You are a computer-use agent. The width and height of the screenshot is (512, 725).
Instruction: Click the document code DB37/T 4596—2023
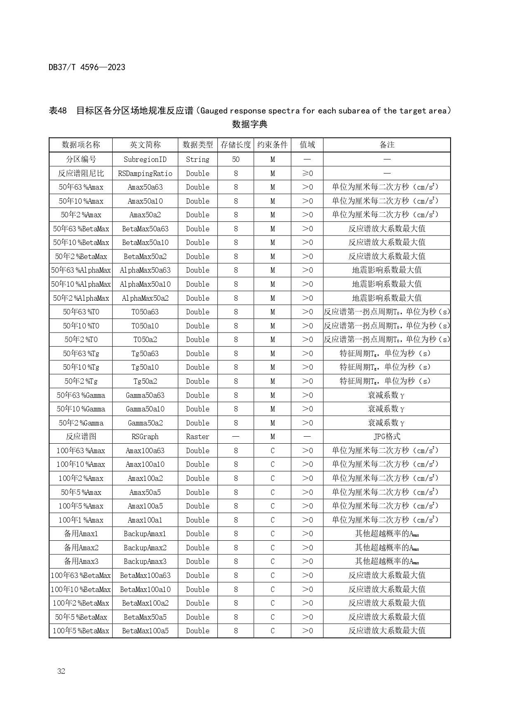point(87,67)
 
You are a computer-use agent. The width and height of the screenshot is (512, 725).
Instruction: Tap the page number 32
point(61,671)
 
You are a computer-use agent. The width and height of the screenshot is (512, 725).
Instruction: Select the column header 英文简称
point(145,145)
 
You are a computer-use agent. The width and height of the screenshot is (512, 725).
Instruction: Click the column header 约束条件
point(272,145)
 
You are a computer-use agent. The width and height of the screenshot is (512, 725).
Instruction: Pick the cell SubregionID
point(145,159)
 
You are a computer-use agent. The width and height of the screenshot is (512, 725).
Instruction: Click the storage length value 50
point(236,159)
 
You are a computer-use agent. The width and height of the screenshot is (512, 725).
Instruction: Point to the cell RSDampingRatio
point(145,174)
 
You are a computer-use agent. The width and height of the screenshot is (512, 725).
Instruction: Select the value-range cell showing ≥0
point(307,174)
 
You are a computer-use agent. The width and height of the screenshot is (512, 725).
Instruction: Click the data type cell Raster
point(198,437)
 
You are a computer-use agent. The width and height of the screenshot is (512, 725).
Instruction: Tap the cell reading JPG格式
point(387,437)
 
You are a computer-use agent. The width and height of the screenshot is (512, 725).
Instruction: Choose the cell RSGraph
point(145,437)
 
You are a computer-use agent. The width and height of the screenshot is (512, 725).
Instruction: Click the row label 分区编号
point(81,159)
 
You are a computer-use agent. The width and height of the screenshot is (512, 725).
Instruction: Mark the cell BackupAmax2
point(145,548)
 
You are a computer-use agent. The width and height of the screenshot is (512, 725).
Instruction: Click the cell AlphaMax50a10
point(145,284)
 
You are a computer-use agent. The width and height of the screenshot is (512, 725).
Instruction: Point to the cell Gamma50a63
point(145,395)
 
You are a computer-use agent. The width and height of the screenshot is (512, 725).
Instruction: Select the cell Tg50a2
point(145,381)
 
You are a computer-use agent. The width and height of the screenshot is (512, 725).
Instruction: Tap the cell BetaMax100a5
point(145,631)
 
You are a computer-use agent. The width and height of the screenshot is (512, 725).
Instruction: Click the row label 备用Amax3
point(81,561)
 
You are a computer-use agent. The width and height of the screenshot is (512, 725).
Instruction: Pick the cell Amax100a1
point(145,520)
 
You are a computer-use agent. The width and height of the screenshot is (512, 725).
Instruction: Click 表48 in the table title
point(58,111)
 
